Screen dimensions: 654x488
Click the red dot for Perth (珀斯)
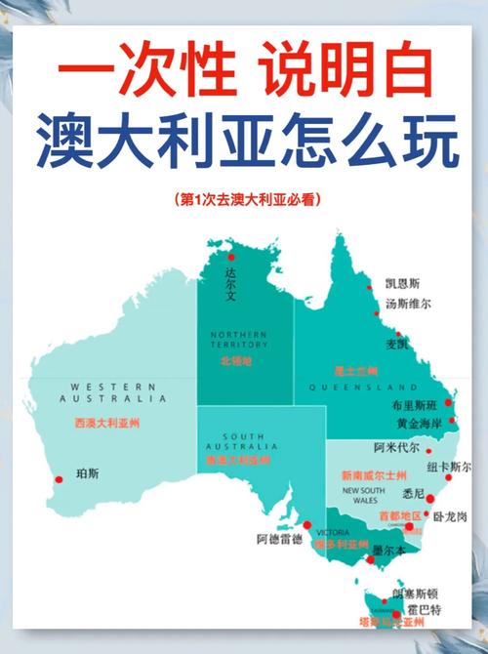(x=59, y=478)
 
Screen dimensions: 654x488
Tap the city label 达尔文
(x=231, y=282)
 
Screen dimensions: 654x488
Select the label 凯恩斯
(x=402, y=284)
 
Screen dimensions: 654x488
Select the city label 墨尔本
(x=390, y=551)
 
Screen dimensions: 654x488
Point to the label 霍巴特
(x=424, y=610)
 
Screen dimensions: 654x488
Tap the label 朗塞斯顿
(x=415, y=593)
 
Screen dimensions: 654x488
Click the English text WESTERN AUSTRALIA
(x=112, y=392)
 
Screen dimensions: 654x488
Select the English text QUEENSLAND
(x=363, y=388)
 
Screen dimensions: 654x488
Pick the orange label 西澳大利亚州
(x=107, y=424)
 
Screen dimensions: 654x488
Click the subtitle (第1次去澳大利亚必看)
(x=244, y=199)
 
